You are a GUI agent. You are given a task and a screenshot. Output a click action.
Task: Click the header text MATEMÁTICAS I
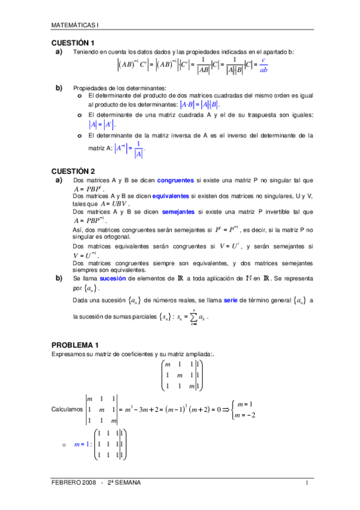click(x=75, y=25)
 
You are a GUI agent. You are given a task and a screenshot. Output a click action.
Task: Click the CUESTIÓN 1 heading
click(x=73, y=43)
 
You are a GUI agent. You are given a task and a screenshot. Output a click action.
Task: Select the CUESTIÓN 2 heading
click(x=73, y=171)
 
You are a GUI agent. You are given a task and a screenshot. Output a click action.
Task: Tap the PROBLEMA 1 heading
click(x=75, y=345)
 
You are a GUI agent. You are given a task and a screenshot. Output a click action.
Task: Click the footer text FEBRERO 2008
click(x=73, y=482)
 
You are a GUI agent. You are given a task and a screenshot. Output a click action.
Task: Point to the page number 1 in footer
click(x=307, y=482)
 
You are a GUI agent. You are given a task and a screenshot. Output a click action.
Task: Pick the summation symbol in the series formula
click(x=194, y=316)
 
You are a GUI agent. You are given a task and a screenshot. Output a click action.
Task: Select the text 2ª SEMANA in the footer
click(x=126, y=482)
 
